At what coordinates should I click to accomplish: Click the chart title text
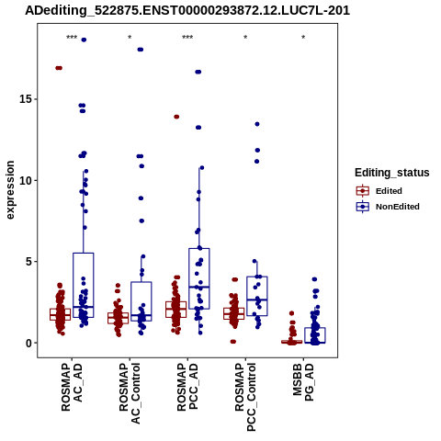pos(187,11)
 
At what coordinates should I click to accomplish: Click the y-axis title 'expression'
pos(10,190)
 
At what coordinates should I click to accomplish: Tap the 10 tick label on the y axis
pos(27,180)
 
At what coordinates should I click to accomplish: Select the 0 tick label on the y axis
pos(29,343)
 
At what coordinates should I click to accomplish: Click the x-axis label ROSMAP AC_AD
pos(72,387)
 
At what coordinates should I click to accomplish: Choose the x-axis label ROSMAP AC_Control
pos(130,393)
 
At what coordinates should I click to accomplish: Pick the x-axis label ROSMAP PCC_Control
pos(245,397)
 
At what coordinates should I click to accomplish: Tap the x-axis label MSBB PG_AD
pos(303,382)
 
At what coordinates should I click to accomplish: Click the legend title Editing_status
pos(392,173)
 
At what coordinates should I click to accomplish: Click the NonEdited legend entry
pos(388,207)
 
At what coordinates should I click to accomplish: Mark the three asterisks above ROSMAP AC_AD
pos(72,38)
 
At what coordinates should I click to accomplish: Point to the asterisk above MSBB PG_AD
pos(303,38)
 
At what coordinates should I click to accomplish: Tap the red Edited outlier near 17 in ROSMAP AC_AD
pos(59,68)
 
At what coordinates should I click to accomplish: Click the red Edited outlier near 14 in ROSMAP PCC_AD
pos(176,117)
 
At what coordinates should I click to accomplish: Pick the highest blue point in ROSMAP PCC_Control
pos(257,124)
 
